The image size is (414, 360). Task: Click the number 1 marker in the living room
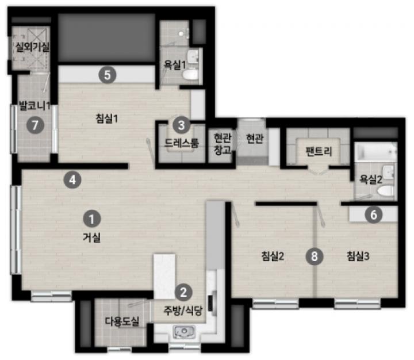point(91,219)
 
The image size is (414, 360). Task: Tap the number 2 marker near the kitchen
point(183,292)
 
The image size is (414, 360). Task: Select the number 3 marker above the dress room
point(181,125)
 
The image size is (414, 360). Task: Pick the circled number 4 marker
point(72,180)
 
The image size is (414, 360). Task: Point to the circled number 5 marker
point(107,75)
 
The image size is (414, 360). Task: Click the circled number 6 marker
point(374,215)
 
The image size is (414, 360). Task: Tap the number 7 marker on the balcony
point(35,125)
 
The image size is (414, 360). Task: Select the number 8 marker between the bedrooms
point(315,256)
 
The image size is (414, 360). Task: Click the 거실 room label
point(91,238)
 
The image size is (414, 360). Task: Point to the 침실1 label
point(107,118)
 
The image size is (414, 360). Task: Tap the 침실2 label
point(273,256)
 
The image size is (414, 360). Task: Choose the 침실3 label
point(358,256)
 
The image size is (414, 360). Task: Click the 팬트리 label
point(319,151)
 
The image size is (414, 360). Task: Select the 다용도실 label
point(122,321)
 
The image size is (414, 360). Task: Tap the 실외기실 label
point(32,47)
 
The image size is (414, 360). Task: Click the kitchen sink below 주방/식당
point(185,331)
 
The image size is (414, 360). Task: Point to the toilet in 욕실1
point(190,75)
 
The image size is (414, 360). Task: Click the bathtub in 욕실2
point(375,152)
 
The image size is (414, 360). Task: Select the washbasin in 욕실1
point(193,56)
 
